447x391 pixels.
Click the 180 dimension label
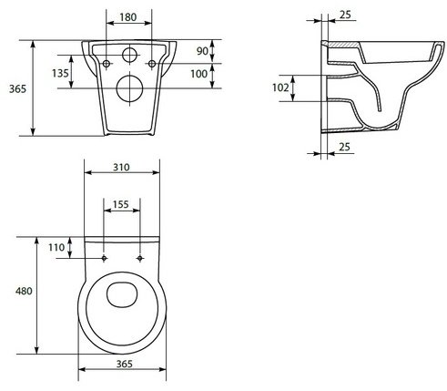[128, 17]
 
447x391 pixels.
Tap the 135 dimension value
[60, 73]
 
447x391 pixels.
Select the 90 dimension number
[202, 51]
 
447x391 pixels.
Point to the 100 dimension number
[198, 74]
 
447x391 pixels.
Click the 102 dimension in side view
[280, 87]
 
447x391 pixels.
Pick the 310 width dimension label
[121, 167]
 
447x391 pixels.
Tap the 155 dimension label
[121, 204]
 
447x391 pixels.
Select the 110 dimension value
[56, 247]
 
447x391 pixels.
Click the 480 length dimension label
[24, 291]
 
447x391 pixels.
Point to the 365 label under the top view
[125, 364]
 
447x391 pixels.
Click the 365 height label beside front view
[17, 89]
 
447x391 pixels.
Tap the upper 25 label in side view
[345, 15]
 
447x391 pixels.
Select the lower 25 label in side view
[344, 147]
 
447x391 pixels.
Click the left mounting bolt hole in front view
[107, 64]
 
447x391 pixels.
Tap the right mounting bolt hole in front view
[152, 64]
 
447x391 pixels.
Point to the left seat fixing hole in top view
[104, 258]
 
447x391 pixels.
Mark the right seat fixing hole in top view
[140, 258]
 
